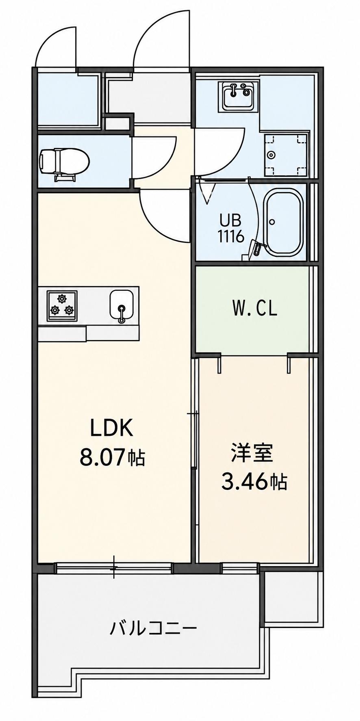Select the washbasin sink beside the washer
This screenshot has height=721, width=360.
[238, 96]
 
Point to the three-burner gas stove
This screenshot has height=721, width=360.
[62, 306]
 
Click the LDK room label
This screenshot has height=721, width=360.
[111, 429]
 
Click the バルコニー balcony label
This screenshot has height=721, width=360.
[153, 629]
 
